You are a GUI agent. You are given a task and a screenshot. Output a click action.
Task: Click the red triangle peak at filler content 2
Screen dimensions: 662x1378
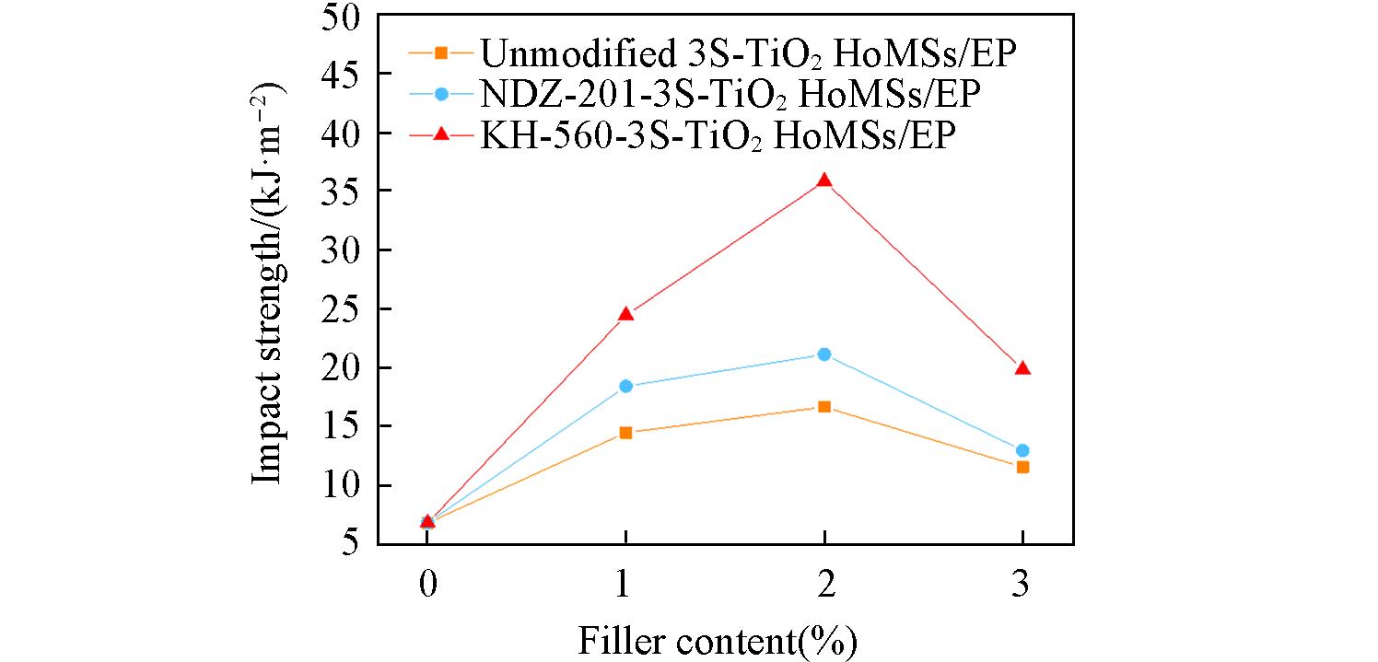[824, 180]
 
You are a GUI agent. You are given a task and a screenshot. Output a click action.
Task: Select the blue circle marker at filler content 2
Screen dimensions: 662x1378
[824, 354]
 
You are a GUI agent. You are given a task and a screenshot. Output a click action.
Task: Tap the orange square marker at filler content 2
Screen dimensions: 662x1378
[824, 407]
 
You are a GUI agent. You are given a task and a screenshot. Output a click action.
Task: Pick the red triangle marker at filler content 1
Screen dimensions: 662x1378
[626, 315]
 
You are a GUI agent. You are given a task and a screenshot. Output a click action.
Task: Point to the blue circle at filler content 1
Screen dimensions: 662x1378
[626, 387]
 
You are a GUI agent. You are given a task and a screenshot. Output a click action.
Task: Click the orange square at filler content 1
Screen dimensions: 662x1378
[626, 433]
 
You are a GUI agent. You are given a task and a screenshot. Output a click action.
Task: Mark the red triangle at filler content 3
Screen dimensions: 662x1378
[1022, 369]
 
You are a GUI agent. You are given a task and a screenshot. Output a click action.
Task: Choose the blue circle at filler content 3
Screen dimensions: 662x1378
[1022, 450]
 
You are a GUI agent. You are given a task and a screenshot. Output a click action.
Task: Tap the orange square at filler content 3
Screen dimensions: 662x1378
[1022, 467]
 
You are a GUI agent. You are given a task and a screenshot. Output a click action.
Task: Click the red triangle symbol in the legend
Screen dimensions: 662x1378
[441, 134]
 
